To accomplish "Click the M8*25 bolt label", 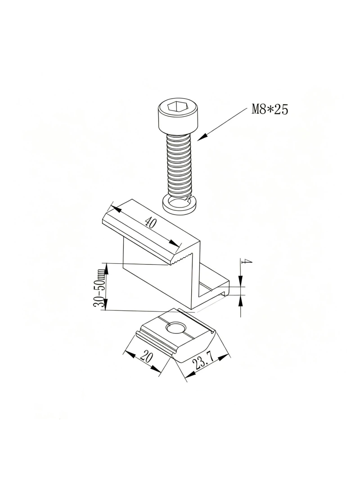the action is pos(270,109).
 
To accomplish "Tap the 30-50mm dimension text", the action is pos(100,287).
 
